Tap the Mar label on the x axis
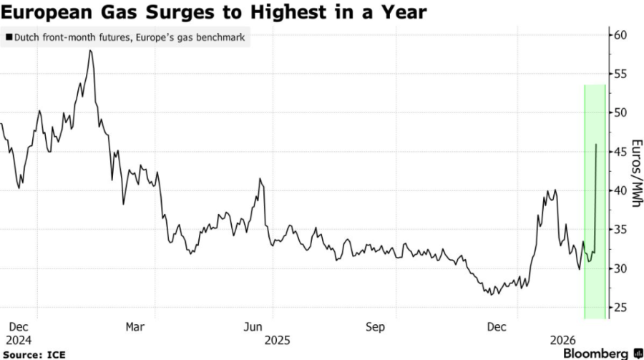(135, 326)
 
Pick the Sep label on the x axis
(376, 326)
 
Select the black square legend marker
(8, 37)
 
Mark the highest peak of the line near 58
(90, 51)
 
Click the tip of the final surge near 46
(597, 144)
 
